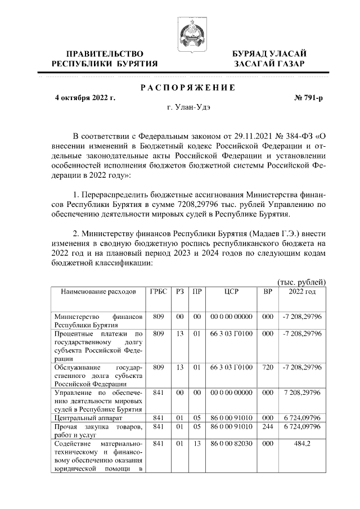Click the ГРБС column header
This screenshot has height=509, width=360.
click(158, 292)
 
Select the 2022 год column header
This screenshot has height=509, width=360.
click(302, 292)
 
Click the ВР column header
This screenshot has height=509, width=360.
click(268, 292)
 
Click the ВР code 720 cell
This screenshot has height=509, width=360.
click(268, 367)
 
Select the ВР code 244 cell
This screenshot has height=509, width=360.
click(268, 427)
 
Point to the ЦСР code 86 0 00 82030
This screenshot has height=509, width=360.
click(231, 444)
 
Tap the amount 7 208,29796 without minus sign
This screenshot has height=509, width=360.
click(302, 391)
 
